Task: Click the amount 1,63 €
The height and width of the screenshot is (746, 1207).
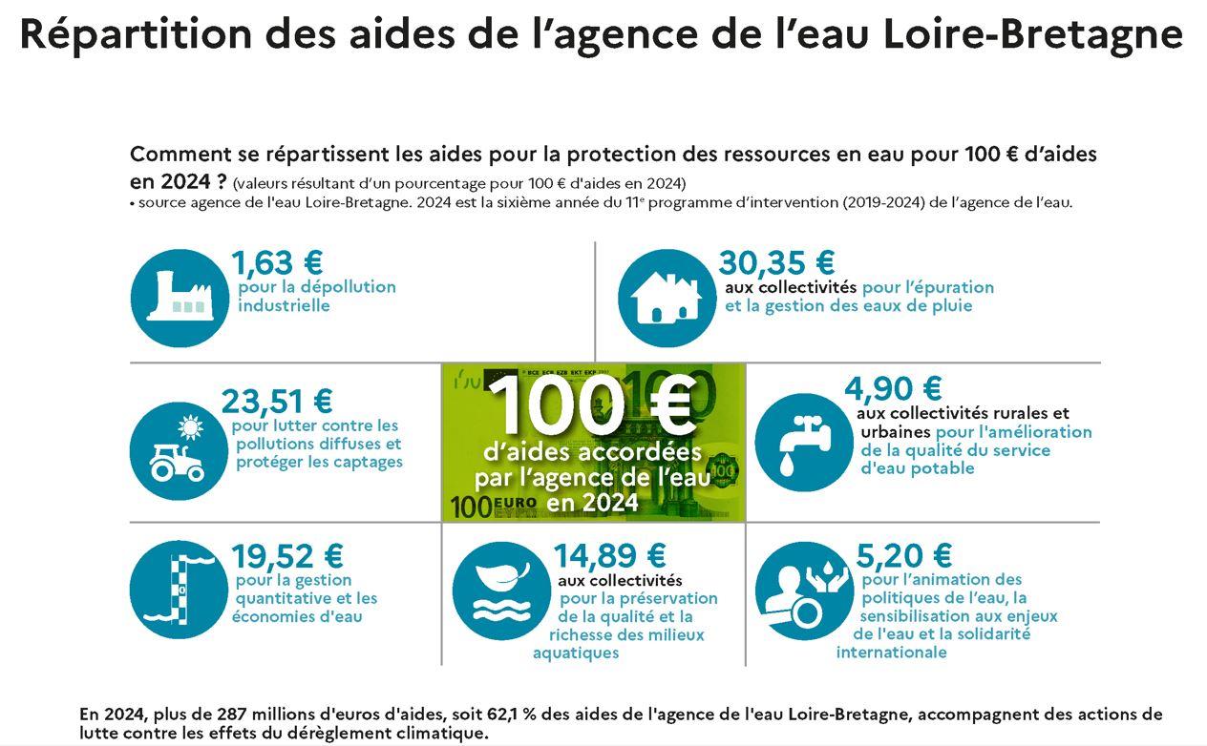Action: coord(277,262)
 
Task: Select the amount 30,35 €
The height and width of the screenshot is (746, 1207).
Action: coord(776,262)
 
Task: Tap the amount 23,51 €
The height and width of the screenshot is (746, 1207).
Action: coord(277,402)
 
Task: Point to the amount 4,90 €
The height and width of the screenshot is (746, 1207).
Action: coord(893,389)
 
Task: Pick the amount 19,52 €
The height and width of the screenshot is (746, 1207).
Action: coord(286,555)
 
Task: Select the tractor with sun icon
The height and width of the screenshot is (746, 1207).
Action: coord(178,450)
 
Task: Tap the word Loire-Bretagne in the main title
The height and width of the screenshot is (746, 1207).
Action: coord(1033,33)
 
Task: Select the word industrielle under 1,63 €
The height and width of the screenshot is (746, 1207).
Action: coord(284,306)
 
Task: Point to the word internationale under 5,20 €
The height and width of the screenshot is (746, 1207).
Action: coord(891,653)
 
